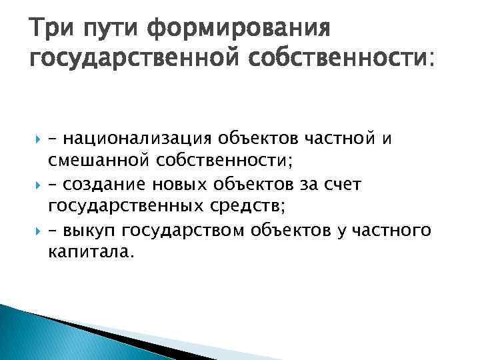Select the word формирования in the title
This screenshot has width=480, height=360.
coord(239,30)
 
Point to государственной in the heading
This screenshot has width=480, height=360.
coord(137,61)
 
